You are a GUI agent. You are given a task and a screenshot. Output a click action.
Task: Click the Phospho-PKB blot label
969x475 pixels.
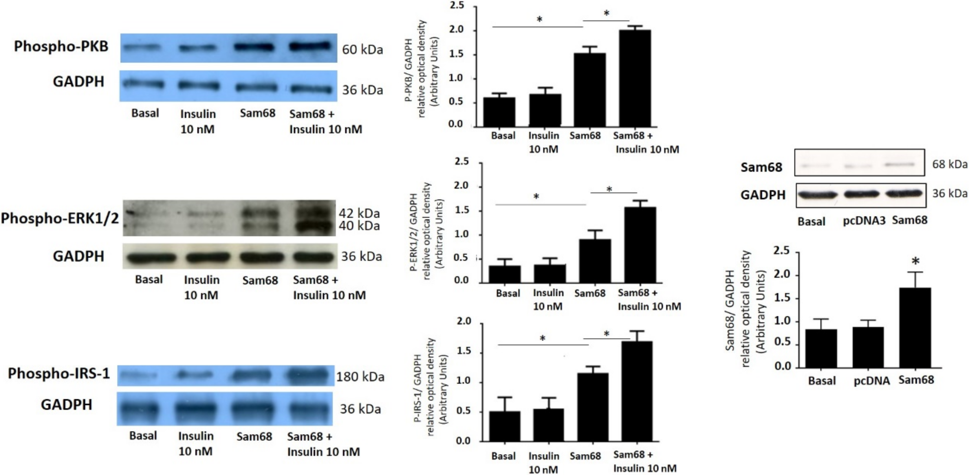coord(61,47)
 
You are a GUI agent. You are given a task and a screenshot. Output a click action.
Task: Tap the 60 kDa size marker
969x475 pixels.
coord(362,50)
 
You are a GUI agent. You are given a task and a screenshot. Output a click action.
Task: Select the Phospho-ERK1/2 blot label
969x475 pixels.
coord(60,218)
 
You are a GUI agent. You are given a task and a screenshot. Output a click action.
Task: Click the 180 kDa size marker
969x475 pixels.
coord(360,377)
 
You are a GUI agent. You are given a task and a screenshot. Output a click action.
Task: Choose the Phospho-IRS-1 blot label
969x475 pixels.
coord(59,373)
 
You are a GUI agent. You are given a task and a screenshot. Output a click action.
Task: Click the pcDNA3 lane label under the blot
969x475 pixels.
coord(864,220)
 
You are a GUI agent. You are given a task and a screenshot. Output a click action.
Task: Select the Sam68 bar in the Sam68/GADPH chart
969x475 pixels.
coord(915,327)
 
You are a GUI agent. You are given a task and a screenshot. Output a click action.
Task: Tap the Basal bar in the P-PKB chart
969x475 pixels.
coord(499,112)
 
